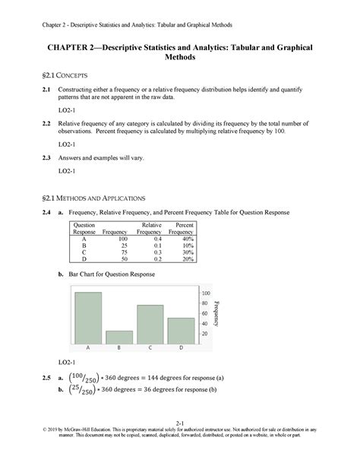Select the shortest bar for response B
click(x=119, y=336)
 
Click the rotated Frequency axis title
click(x=218, y=313)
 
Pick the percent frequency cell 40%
click(x=185, y=238)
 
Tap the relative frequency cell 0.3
click(x=153, y=252)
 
